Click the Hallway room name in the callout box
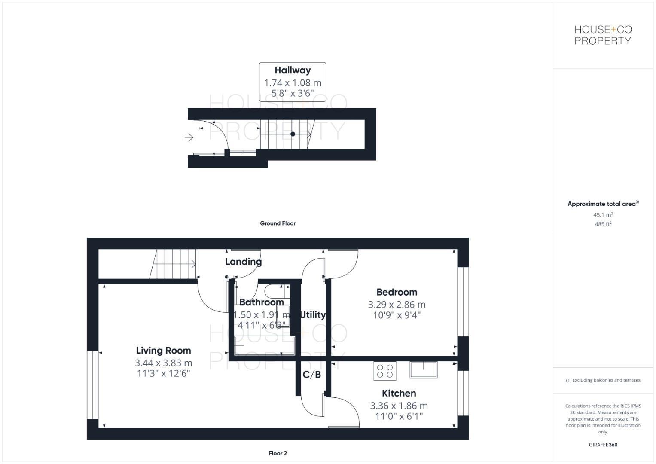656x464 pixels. (293, 70)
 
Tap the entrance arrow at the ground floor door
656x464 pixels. (189, 137)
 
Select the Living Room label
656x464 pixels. (163, 351)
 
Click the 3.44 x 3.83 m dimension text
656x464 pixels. (163, 363)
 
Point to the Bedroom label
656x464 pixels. (397, 292)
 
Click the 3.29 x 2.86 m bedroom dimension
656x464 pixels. (397, 305)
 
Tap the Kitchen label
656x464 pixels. (399, 393)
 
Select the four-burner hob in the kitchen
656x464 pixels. (384, 371)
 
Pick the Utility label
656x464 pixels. (313, 315)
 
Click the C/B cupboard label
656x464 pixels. (312, 375)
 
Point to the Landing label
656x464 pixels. (243, 262)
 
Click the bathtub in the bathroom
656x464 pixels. (265, 346)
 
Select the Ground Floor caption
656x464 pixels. (278, 223)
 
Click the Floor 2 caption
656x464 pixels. (278, 453)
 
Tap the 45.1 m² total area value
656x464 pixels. (603, 215)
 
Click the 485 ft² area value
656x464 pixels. (603, 224)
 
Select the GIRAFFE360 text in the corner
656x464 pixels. (603, 445)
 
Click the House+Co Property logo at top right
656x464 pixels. (603, 35)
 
